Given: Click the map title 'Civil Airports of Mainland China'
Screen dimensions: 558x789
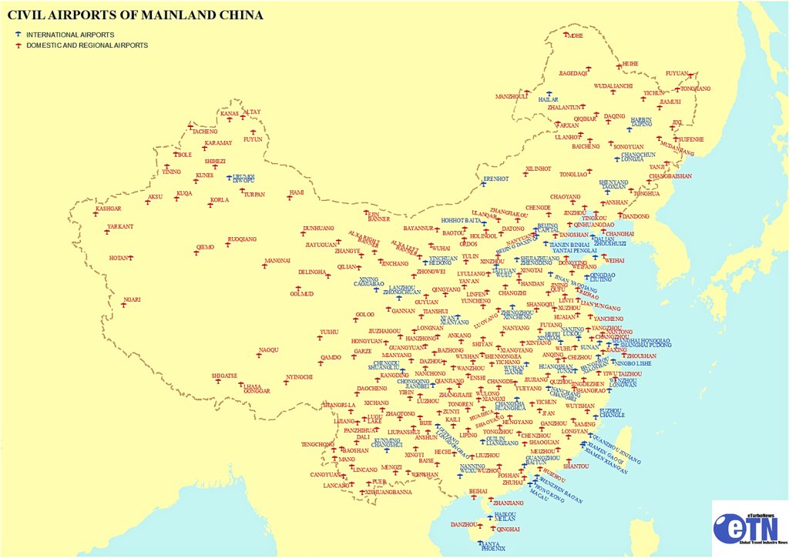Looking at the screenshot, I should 135,15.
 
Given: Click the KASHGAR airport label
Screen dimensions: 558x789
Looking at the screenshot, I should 108,209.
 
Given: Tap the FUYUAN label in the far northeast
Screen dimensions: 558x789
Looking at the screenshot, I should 677,74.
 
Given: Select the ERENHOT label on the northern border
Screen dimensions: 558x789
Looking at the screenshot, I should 495,179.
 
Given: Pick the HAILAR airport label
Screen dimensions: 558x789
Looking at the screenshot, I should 548,99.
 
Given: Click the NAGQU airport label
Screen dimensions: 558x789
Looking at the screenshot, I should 269,350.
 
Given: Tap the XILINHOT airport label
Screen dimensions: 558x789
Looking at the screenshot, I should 539,168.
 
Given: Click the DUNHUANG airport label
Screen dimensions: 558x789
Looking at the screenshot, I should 318,229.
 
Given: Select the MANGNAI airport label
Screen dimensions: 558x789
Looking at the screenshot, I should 277,261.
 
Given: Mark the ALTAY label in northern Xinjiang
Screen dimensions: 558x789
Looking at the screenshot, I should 252,112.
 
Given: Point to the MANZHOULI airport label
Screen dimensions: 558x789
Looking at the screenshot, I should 511,97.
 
